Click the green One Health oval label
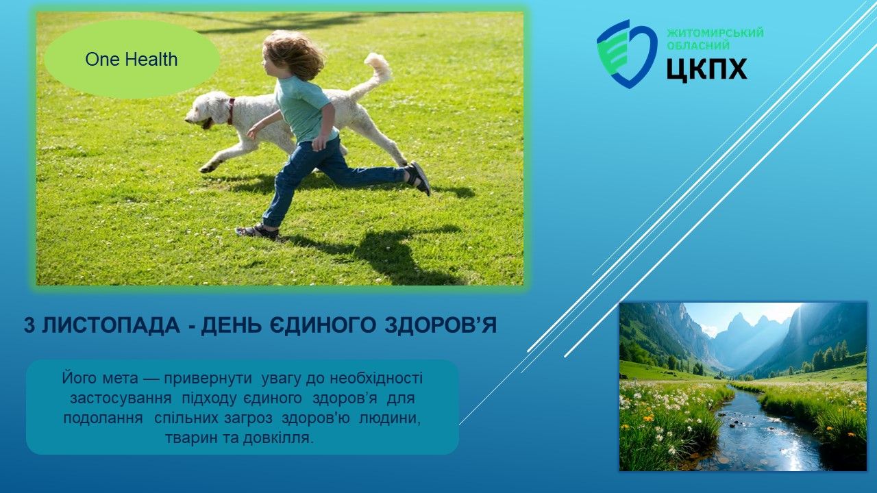[x=132, y=60]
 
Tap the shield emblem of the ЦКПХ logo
[x=626, y=54]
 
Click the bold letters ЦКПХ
[x=706, y=70]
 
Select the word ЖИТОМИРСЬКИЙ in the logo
[x=715, y=32]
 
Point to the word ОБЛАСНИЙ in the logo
[x=698, y=45]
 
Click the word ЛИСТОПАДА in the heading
[x=111, y=325]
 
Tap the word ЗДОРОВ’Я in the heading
[x=441, y=325]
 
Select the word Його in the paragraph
[x=77, y=379]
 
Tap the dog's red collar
[x=231, y=111]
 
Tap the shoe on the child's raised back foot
[x=419, y=178]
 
